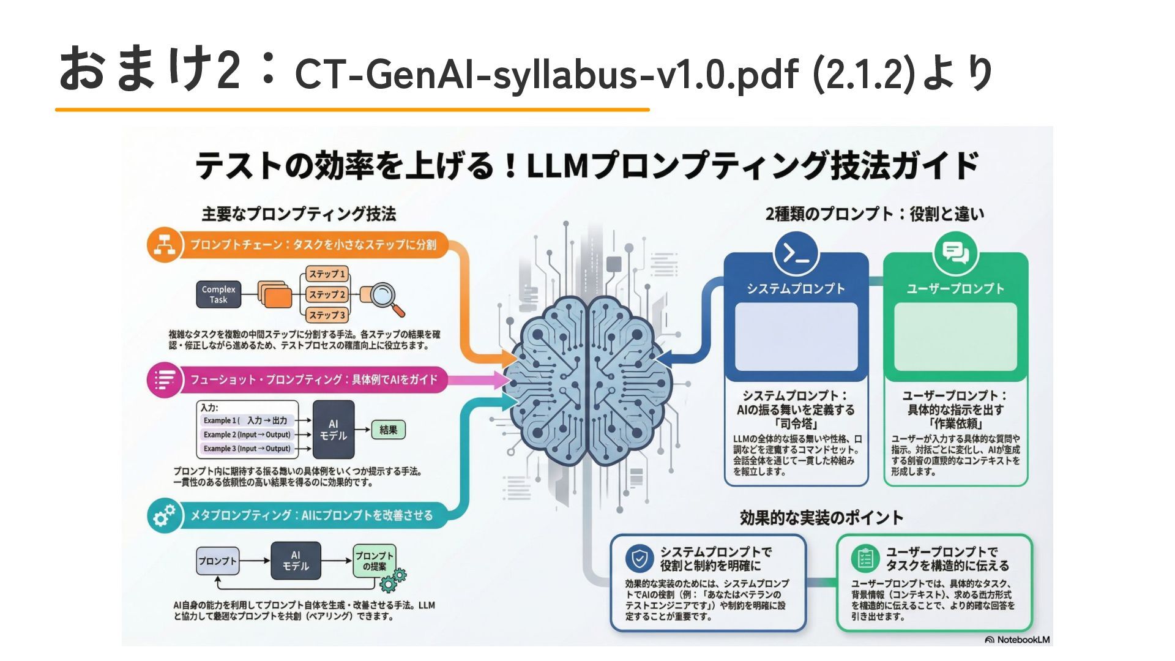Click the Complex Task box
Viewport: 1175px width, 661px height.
218,294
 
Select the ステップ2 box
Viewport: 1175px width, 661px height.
327,294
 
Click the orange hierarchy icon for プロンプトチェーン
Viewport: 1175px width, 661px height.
164,245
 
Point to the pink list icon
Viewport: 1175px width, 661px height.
164,380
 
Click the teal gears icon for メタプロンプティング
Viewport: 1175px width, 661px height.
164,515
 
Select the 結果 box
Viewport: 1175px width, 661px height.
388,430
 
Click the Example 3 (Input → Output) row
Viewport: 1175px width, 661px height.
247,449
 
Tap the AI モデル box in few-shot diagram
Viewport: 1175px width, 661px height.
333,430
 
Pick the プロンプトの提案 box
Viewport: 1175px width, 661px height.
374,561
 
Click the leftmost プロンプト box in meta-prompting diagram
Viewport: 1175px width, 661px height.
217,561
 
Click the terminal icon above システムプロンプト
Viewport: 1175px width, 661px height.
796,253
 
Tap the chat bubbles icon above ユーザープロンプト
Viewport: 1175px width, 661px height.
955,253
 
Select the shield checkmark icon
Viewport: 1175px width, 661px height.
640,558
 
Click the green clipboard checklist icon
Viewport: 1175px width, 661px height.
865,558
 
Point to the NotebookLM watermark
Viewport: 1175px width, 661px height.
1018,640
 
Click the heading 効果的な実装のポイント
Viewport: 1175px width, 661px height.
821,518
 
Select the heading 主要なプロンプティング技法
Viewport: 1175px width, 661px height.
299,214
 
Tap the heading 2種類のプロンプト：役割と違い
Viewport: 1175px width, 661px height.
875,214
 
